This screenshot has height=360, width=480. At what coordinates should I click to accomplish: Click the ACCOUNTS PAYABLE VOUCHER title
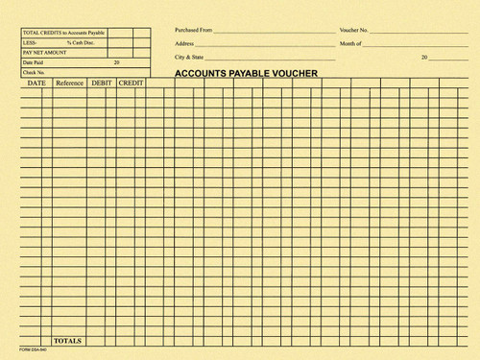pyautogui.click(x=246, y=72)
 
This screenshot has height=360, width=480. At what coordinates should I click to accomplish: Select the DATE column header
pyautogui.click(x=36, y=84)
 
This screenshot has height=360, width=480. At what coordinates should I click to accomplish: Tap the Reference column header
pyautogui.click(x=69, y=84)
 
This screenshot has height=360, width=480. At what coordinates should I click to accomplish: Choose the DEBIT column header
pyautogui.click(x=102, y=84)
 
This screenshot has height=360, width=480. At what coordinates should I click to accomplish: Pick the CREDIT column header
pyautogui.click(x=132, y=84)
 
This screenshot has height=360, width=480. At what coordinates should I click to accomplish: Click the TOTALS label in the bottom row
pyautogui.click(x=68, y=341)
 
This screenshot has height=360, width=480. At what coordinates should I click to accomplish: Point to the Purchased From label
pyautogui.click(x=193, y=31)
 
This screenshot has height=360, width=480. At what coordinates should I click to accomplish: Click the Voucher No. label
pyautogui.click(x=354, y=31)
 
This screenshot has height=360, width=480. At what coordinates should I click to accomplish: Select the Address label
pyautogui.click(x=184, y=44)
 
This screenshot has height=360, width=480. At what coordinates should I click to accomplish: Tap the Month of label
pyautogui.click(x=350, y=44)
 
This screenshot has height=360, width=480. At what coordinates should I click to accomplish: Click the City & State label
pyautogui.click(x=189, y=58)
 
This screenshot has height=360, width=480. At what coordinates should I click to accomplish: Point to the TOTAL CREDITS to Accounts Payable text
pyautogui.click(x=63, y=33)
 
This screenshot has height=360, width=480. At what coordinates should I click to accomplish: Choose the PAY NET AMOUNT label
pyautogui.click(x=45, y=53)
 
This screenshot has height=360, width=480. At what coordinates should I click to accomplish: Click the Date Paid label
pyautogui.click(x=34, y=62)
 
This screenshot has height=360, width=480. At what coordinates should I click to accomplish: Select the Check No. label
pyautogui.click(x=34, y=72)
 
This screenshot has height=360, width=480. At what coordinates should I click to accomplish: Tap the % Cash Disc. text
pyautogui.click(x=81, y=43)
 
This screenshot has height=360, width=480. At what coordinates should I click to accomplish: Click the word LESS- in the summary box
pyautogui.click(x=30, y=43)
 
